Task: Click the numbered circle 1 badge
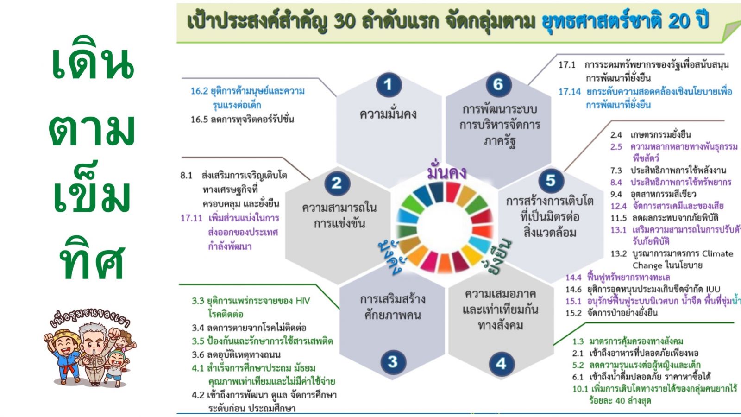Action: point(389,85)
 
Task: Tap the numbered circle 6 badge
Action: point(498,85)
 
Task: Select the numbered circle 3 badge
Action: point(393,362)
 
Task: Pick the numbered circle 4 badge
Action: point(502,364)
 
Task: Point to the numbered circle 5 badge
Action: point(551,181)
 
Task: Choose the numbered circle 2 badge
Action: point(337,183)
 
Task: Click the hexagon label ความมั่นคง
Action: point(388,114)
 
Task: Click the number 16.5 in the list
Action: point(199,120)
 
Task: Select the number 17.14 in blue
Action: point(569,92)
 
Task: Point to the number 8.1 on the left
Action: point(186,176)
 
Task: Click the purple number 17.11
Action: point(191,218)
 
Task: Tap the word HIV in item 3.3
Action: point(303,301)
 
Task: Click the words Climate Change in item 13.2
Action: point(683,259)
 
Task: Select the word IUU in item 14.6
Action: point(712,289)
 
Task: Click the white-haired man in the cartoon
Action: point(94,353)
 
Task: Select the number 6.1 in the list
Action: point(578,377)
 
